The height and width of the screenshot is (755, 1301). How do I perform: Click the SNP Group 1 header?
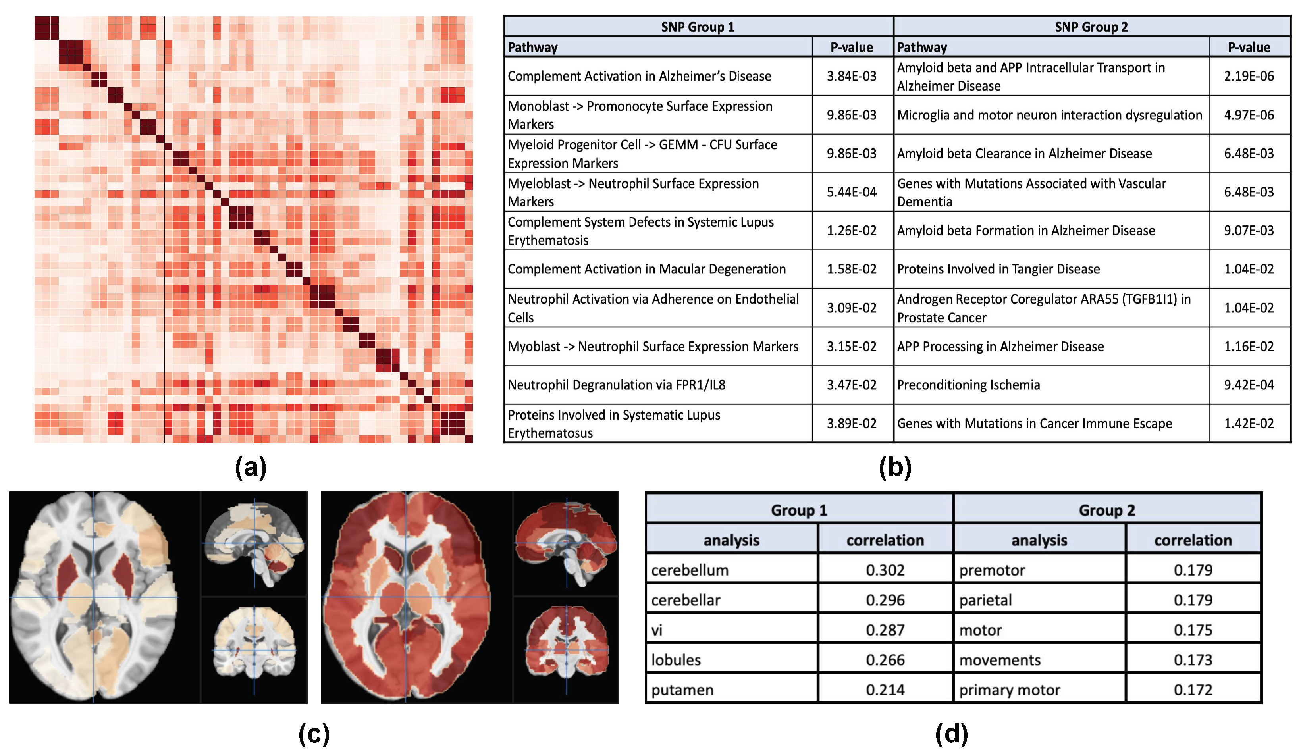[x=698, y=27]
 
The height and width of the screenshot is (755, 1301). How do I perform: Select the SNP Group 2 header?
[x=1091, y=27]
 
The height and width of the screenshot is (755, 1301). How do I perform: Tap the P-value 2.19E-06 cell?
[x=1249, y=76]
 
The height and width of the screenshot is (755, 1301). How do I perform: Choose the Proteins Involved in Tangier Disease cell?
[x=998, y=269]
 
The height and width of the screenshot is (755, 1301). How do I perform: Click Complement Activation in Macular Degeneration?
[x=646, y=269]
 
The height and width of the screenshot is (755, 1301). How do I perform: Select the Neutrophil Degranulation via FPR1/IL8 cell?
[x=617, y=385]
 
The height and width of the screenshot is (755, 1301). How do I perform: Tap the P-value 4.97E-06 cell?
[x=1249, y=115]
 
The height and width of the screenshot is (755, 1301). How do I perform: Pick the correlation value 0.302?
[x=885, y=570]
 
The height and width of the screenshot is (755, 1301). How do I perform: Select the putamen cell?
[x=682, y=690]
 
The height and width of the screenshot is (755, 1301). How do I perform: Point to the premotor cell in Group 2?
[x=992, y=570]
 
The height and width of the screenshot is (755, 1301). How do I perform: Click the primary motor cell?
[x=1009, y=690]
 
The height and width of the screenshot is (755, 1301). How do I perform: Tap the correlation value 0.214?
[x=885, y=690]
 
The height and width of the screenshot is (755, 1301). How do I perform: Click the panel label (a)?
[x=251, y=468]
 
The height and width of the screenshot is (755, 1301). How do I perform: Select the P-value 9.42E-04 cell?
[x=1249, y=385]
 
